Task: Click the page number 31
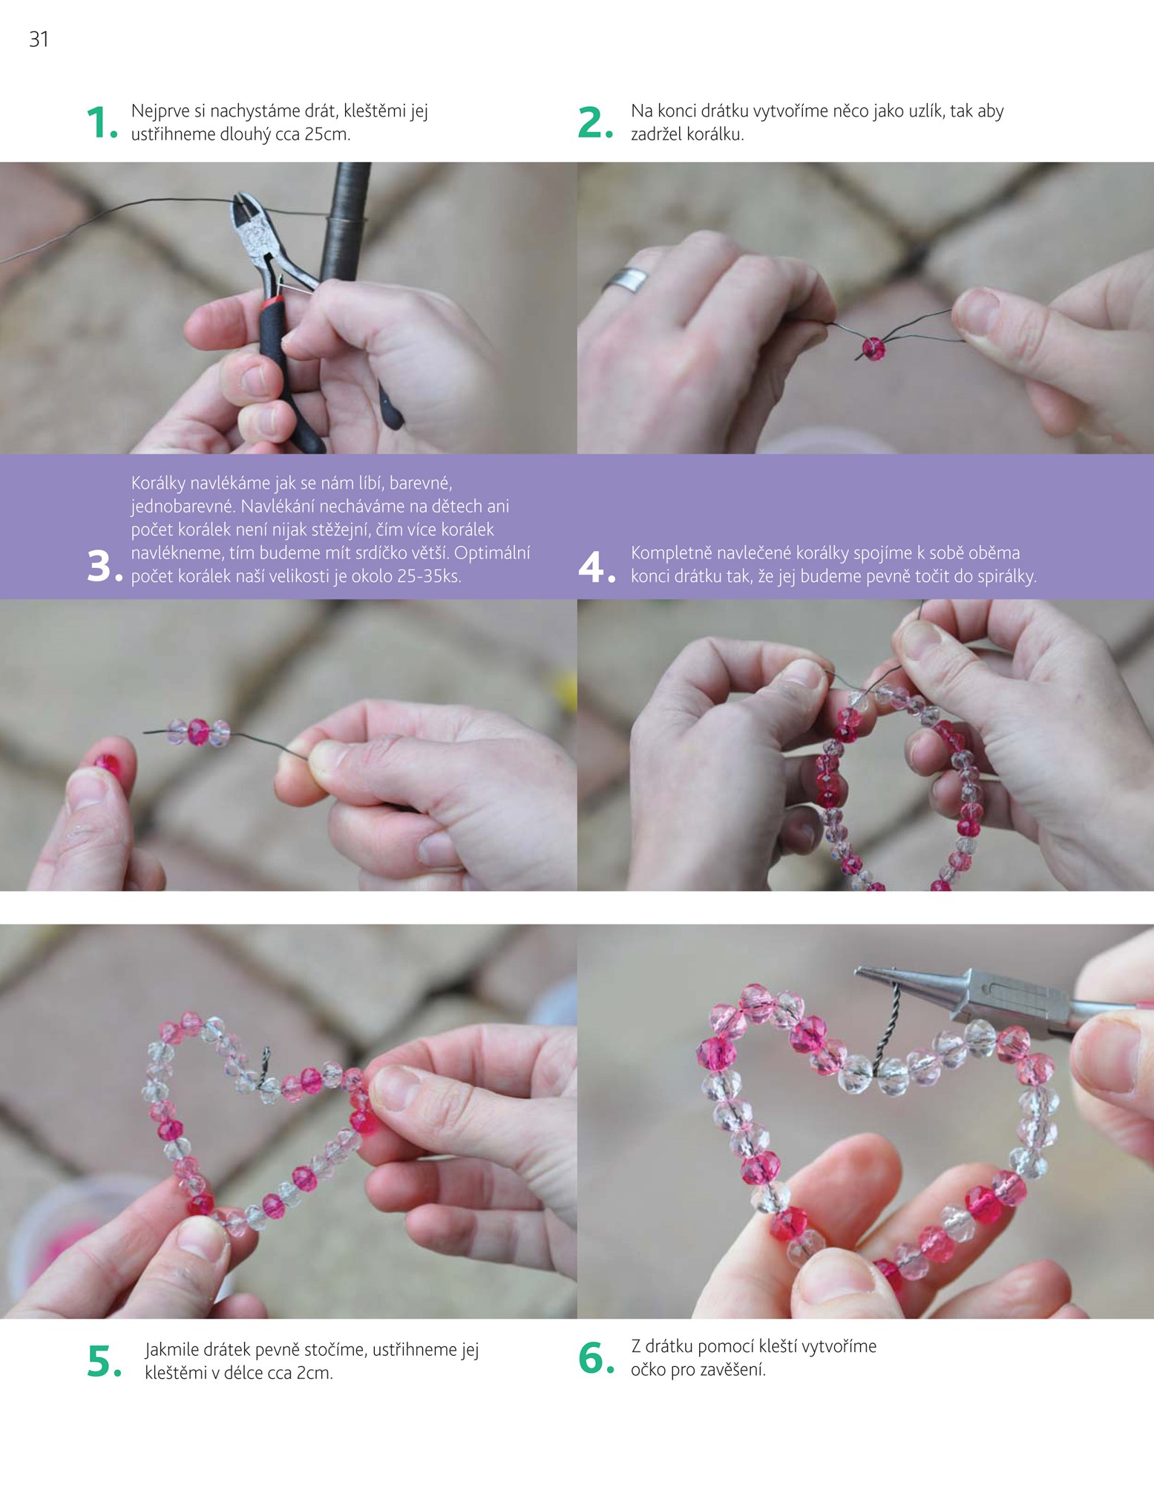click(39, 39)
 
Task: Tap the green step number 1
click(102, 123)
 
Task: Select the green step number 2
click(595, 123)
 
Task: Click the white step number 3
click(105, 567)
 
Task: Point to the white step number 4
click(597, 567)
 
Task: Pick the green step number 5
click(104, 1361)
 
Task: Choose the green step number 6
click(597, 1358)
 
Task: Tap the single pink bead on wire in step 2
click(873, 348)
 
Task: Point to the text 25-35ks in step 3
click(429, 576)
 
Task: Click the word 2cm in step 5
click(315, 1374)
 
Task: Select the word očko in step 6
click(649, 1370)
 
